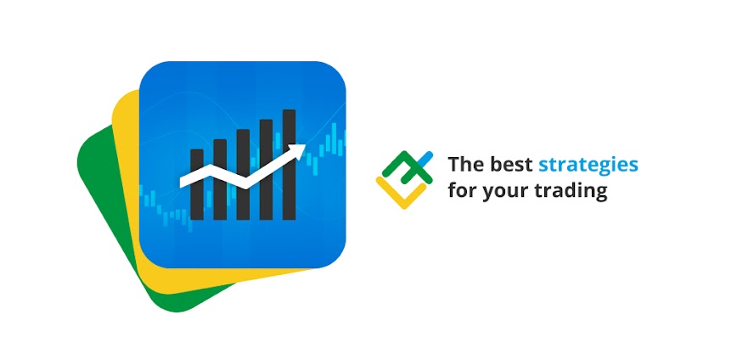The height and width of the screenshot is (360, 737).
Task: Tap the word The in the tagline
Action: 464,165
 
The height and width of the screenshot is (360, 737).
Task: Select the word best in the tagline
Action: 510,165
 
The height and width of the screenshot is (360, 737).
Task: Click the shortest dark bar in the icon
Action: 197,185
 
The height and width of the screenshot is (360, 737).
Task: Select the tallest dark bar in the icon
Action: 289,165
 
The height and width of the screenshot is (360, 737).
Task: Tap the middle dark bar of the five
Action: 243,175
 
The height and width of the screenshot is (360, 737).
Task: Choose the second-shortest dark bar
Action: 220,179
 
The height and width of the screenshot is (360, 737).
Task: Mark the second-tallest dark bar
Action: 266,170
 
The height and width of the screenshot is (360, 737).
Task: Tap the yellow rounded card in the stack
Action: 127,197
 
